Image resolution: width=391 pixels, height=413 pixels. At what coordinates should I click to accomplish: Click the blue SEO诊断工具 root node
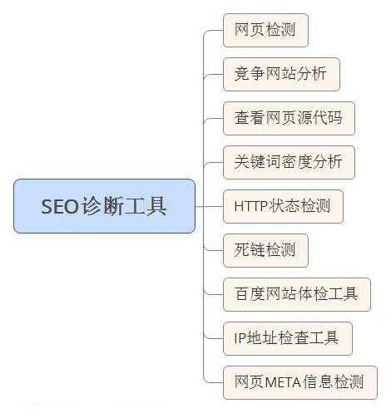104,206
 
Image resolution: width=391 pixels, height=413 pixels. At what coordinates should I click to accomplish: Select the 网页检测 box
265,30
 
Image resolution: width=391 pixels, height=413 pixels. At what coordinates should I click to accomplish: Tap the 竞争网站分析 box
281,74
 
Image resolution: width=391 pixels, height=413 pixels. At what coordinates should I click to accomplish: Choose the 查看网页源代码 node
289,118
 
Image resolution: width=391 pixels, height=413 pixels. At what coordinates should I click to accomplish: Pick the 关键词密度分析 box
289,162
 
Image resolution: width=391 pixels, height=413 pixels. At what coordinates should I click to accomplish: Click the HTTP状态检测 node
283,206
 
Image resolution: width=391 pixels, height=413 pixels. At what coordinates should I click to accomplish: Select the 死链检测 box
265,250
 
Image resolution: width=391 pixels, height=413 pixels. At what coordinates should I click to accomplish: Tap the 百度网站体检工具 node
297,294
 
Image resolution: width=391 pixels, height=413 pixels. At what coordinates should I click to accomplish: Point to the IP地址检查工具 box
288,338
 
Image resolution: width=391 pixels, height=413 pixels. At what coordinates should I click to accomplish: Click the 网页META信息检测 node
300,382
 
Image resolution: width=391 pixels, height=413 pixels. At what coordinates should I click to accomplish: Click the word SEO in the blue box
60,206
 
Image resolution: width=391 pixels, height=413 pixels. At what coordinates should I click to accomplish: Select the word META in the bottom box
283,382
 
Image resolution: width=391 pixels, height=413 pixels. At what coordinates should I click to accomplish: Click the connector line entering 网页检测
213,31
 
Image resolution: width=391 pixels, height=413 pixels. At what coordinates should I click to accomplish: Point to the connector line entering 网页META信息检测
213,382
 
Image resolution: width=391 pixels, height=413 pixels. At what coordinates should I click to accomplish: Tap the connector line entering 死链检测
213,250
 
